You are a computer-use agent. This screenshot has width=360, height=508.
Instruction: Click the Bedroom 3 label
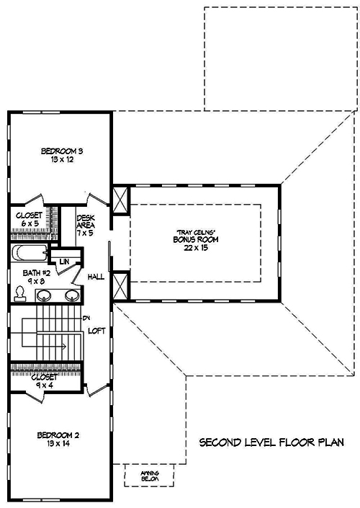(62, 151)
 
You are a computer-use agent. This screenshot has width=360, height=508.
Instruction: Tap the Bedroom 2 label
(59, 435)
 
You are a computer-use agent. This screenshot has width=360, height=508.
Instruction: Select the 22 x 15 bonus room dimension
(194, 247)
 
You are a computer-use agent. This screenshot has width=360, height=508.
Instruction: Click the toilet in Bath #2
(20, 293)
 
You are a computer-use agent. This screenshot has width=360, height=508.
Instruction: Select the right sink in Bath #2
(71, 295)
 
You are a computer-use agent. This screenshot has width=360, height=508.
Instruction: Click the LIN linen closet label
(64, 261)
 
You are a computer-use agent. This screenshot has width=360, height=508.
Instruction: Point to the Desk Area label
(86, 220)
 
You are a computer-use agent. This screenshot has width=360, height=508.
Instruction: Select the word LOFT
(98, 331)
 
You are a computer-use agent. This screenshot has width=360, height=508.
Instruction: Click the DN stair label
(86, 318)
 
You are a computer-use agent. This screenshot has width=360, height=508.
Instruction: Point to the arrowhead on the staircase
(66, 347)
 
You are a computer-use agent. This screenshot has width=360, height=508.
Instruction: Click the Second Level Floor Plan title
(278, 441)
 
